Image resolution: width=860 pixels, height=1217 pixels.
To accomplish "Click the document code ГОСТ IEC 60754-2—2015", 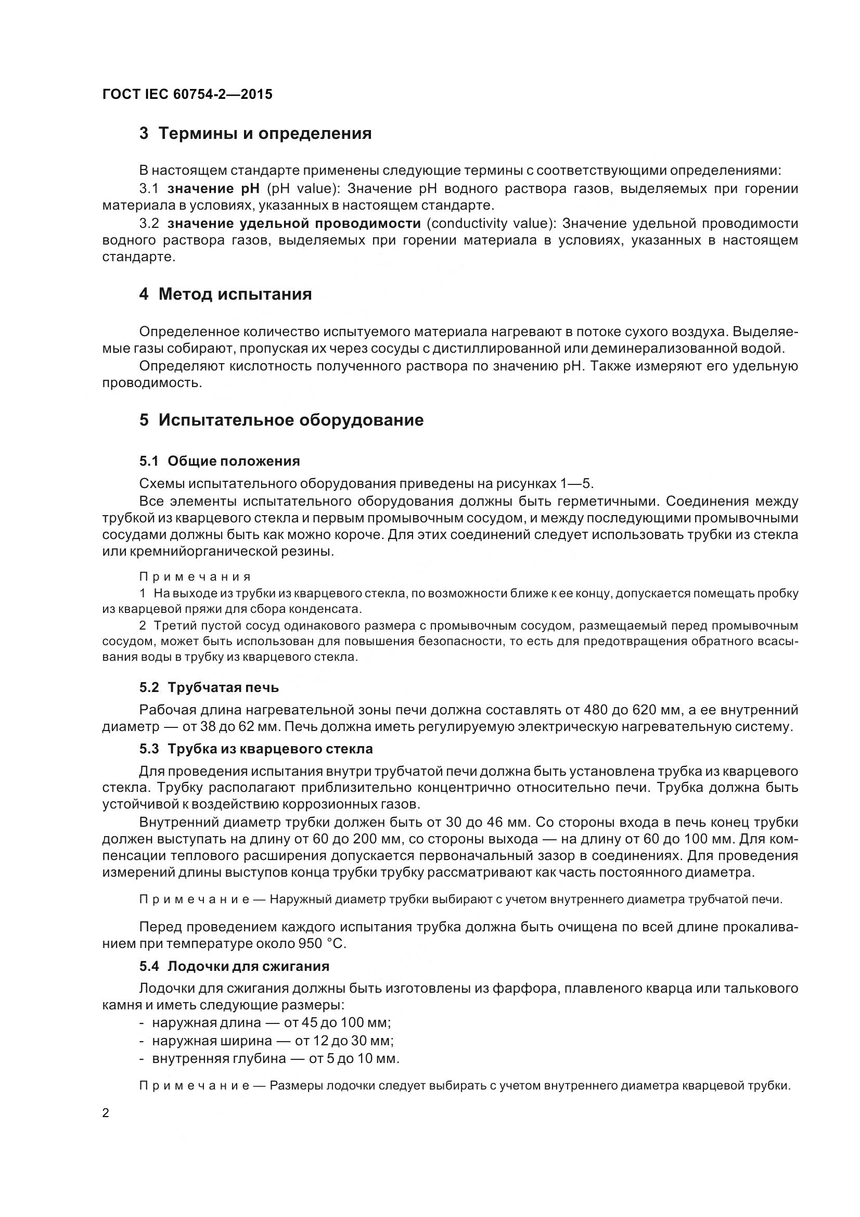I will (187, 94).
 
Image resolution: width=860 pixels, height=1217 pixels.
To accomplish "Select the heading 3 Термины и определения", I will (255, 133).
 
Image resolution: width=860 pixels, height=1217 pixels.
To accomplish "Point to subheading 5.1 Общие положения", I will (220, 461).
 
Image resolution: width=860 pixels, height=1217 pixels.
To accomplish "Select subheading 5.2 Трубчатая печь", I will (209, 687).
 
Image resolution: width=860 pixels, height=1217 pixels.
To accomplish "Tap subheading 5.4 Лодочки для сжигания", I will (234, 966).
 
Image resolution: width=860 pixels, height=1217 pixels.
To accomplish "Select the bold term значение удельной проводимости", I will (294, 223).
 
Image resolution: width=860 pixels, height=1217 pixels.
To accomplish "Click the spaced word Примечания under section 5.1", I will (195, 577).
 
